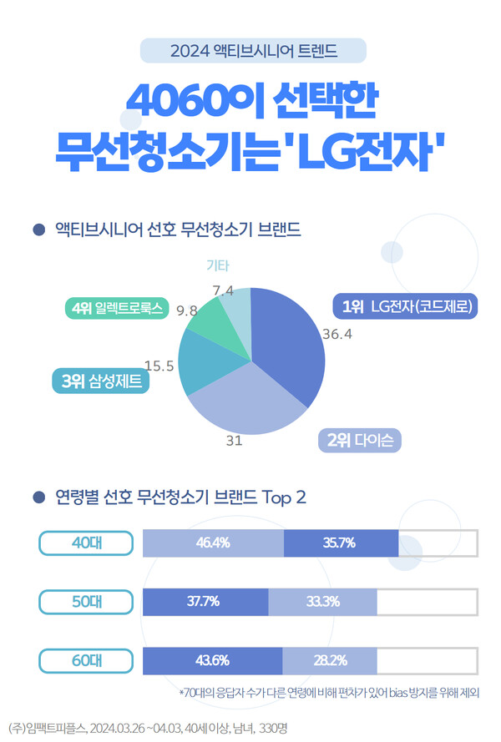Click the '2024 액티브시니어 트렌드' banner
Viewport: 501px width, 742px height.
click(x=254, y=51)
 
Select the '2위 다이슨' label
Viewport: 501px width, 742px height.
click(x=360, y=440)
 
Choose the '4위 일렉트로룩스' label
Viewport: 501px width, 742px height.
click(x=117, y=309)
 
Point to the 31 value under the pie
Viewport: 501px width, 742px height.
click(x=234, y=441)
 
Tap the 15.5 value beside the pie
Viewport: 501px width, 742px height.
click(x=159, y=365)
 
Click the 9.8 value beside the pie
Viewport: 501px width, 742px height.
click(x=186, y=310)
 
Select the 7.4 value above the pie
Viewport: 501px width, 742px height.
click(x=223, y=290)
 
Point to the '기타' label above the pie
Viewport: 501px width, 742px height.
click(x=217, y=266)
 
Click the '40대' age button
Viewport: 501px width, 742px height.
click(x=86, y=543)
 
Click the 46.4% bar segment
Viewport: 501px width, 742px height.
click(x=214, y=543)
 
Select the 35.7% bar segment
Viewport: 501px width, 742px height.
click(x=341, y=543)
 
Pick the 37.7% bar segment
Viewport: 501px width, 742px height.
click(x=206, y=602)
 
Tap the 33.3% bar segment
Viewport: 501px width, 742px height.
click(x=322, y=602)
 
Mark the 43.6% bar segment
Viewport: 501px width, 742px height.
click(x=213, y=661)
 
